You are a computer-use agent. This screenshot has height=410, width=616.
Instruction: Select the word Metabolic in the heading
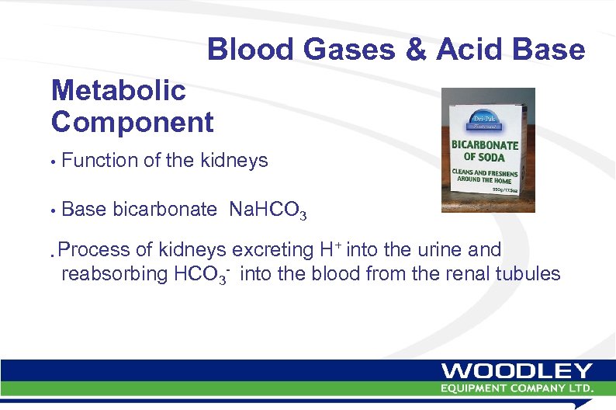118,91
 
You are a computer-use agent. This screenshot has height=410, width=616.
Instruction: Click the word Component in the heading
132,121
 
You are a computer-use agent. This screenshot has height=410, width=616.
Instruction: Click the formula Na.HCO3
268,210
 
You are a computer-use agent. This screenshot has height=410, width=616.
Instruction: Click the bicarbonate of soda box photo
488,150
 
